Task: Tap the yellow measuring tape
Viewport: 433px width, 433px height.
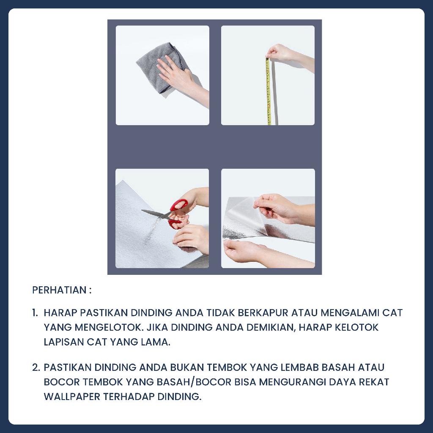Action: click(x=268, y=91)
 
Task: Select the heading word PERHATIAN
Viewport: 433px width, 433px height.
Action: click(x=59, y=290)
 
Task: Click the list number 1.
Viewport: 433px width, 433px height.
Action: click(x=35, y=313)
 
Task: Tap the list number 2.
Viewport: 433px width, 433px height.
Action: click(x=36, y=367)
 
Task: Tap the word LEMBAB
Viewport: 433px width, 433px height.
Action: click(x=300, y=367)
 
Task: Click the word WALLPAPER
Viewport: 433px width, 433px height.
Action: click(x=72, y=397)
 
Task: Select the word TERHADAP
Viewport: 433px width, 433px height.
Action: click(x=129, y=397)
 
